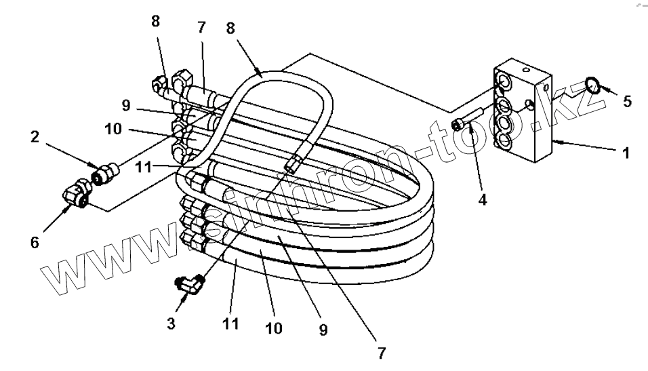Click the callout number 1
click(626, 153)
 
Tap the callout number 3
click(171, 324)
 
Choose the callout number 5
click(627, 102)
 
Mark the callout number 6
click(35, 242)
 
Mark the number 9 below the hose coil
click(323, 330)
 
